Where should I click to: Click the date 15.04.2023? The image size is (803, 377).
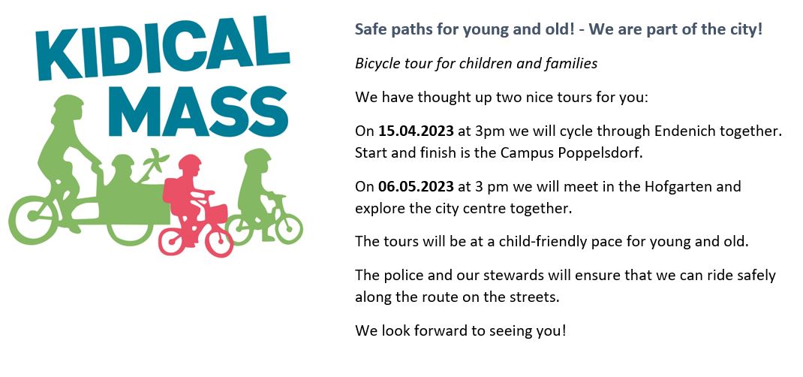(416, 131)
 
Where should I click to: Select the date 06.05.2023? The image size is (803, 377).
(416, 186)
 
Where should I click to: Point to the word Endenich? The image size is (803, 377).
(684, 131)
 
